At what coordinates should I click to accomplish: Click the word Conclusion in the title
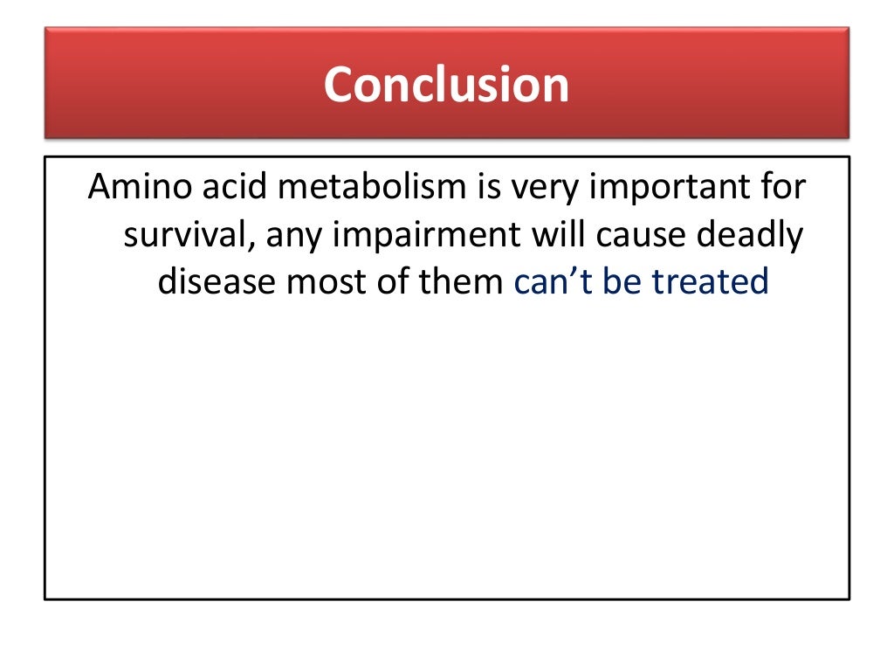click(x=446, y=85)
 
